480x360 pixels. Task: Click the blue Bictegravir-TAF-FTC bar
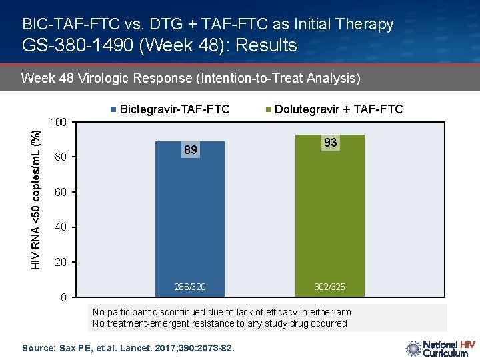(190, 220)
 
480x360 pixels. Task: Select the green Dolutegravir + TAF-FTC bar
(329, 220)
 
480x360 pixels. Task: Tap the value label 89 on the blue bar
(191, 151)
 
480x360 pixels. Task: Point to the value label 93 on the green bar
(330, 143)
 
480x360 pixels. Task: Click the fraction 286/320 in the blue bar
(190, 287)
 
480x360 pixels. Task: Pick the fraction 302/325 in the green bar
(329, 287)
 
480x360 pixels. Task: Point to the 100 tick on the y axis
(59, 123)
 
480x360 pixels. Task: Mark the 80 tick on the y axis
(61, 158)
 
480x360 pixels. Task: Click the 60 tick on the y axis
(61, 193)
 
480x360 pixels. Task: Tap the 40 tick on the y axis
(61, 227)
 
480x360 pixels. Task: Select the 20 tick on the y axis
(61, 263)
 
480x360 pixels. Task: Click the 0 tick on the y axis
(63, 297)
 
